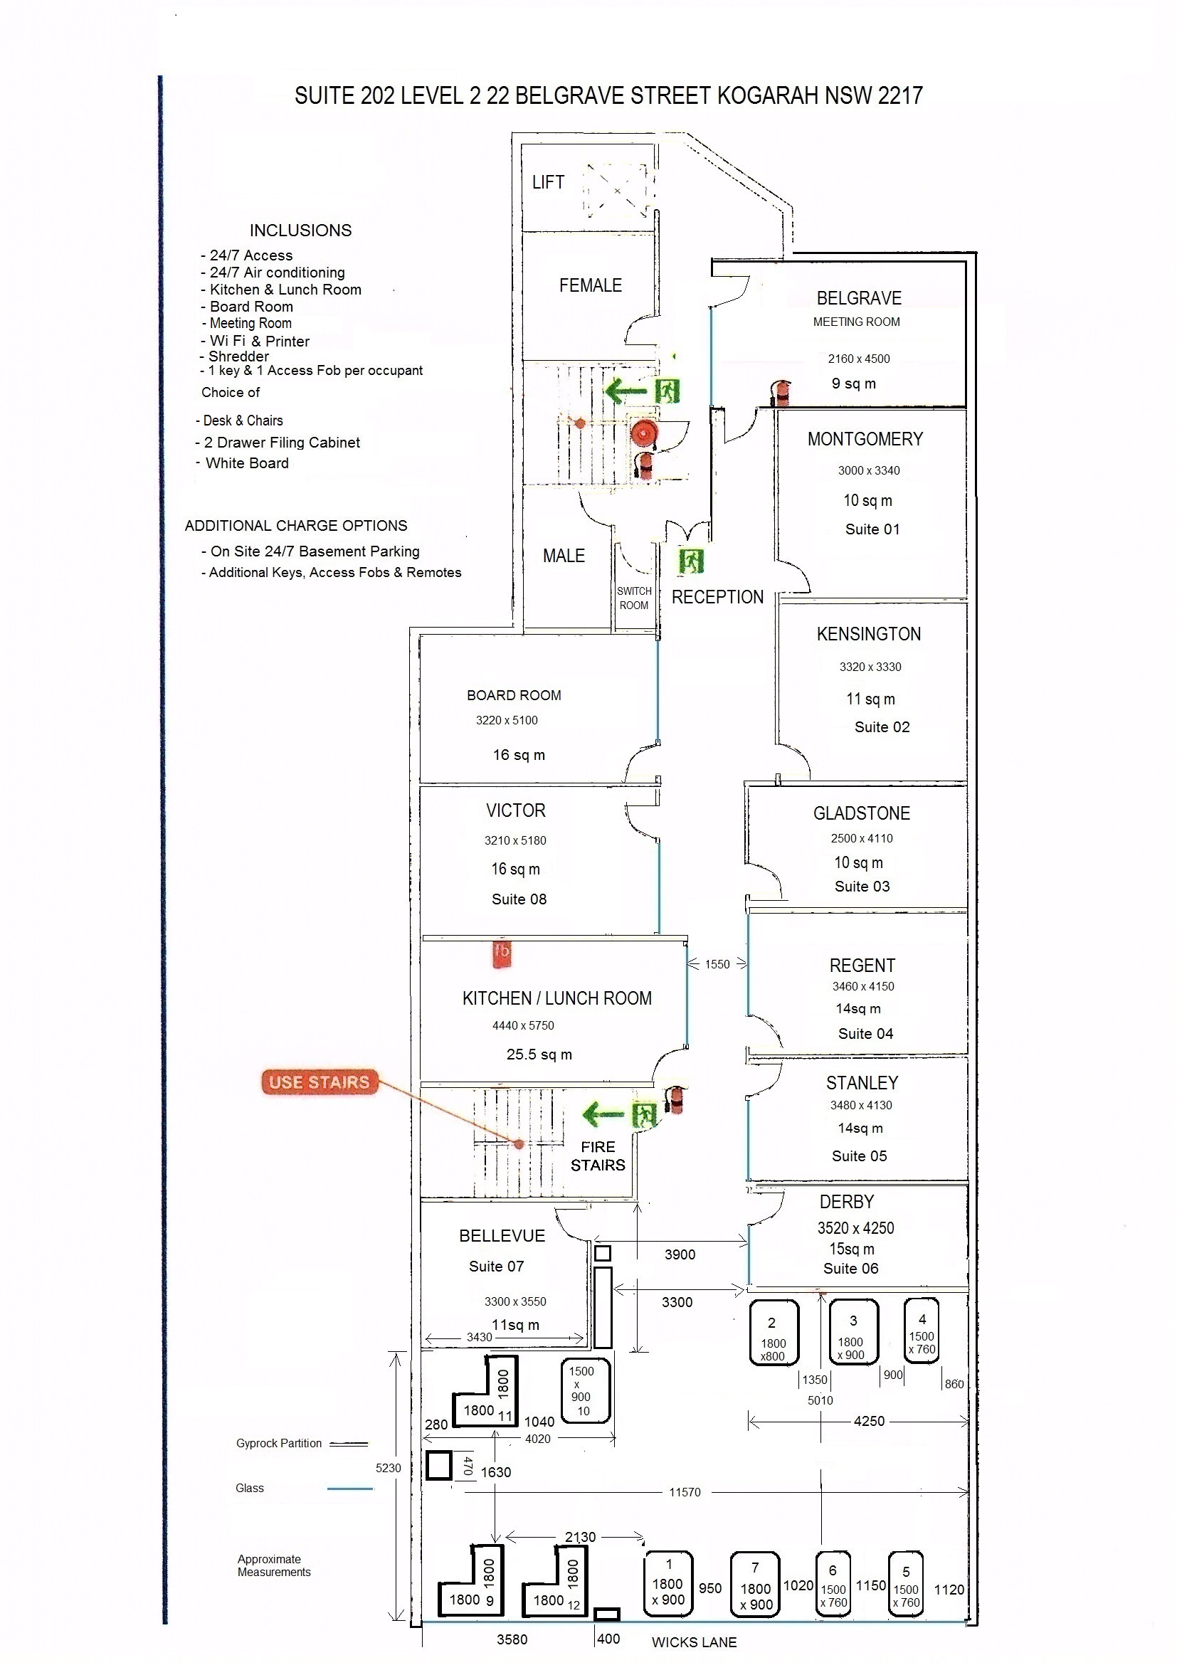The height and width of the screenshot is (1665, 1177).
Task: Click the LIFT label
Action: (x=547, y=182)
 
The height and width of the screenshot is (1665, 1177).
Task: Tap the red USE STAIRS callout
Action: (x=319, y=1082)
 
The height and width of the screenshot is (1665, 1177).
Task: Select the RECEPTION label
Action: (x=717, y=597)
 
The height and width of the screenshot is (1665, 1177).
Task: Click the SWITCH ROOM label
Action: (x=634, y=598)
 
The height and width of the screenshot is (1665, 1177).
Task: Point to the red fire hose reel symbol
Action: (x=643, y=433)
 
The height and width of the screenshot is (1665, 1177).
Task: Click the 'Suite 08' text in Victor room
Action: (x=519, y=899)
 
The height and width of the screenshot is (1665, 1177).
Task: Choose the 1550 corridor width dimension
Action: (x=717, y=964)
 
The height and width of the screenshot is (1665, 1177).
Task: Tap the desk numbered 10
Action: (x=585, y=1391)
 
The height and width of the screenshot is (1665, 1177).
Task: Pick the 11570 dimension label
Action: (x=685, y=1492)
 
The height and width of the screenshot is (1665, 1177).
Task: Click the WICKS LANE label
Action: (x=694, y=1642)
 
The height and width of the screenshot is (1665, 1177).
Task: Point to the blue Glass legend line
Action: (x=349, y=1489)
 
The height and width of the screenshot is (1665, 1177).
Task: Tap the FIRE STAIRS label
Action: (x=598, y=1156)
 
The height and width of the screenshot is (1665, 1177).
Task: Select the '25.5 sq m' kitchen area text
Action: (x=539, y=1054)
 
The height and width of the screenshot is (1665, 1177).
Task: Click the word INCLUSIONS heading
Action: (x=300, y=231)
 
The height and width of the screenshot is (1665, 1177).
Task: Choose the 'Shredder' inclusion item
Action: (x=238, y=356)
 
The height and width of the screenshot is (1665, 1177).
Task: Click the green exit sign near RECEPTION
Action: (x=690, y=561)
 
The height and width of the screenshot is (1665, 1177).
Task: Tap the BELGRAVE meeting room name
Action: (x=859, y=298)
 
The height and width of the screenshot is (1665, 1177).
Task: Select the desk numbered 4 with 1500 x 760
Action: (x=922, y=1331)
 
